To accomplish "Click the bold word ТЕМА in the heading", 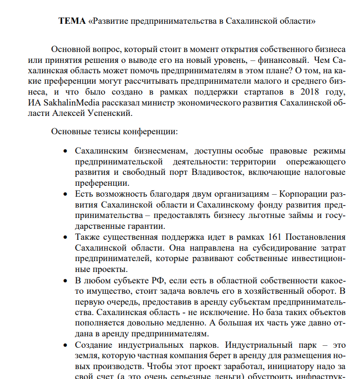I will [x=72, y=21].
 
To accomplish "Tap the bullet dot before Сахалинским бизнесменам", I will [x=65, y=151].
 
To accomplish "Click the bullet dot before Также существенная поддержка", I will [x=65, y=237].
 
